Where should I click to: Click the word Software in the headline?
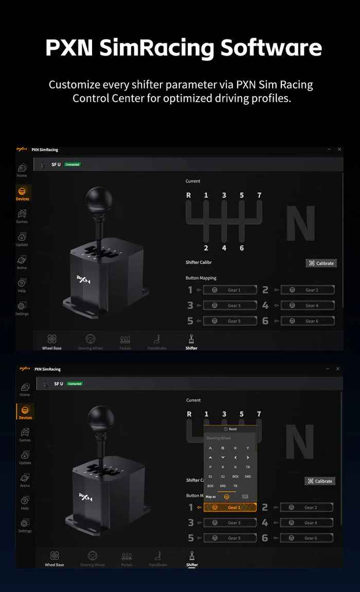click(x=271, y=48)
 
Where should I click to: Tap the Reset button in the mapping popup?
click(x=230, y=429)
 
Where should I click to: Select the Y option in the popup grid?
click(x=248, y=448)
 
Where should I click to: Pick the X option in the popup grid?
click(x=235, y=448)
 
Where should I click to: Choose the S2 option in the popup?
click(x=223, y=476)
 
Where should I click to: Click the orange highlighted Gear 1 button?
click(x=230, y=508)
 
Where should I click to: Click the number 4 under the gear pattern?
click(x=224, y=248)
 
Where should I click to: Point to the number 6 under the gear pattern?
click(x=242, y=248)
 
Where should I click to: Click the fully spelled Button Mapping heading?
click(x=201, y=278)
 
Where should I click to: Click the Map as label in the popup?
click(x=211, y=497)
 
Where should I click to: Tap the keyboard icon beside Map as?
click(x=245, y=497)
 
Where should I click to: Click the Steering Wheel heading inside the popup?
click(x=219, y=438)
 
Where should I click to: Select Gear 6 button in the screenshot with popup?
click(x=307, y=538)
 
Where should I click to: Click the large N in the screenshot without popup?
click(x=300, y=223)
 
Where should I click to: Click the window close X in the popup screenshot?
click(x=338, y=369)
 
